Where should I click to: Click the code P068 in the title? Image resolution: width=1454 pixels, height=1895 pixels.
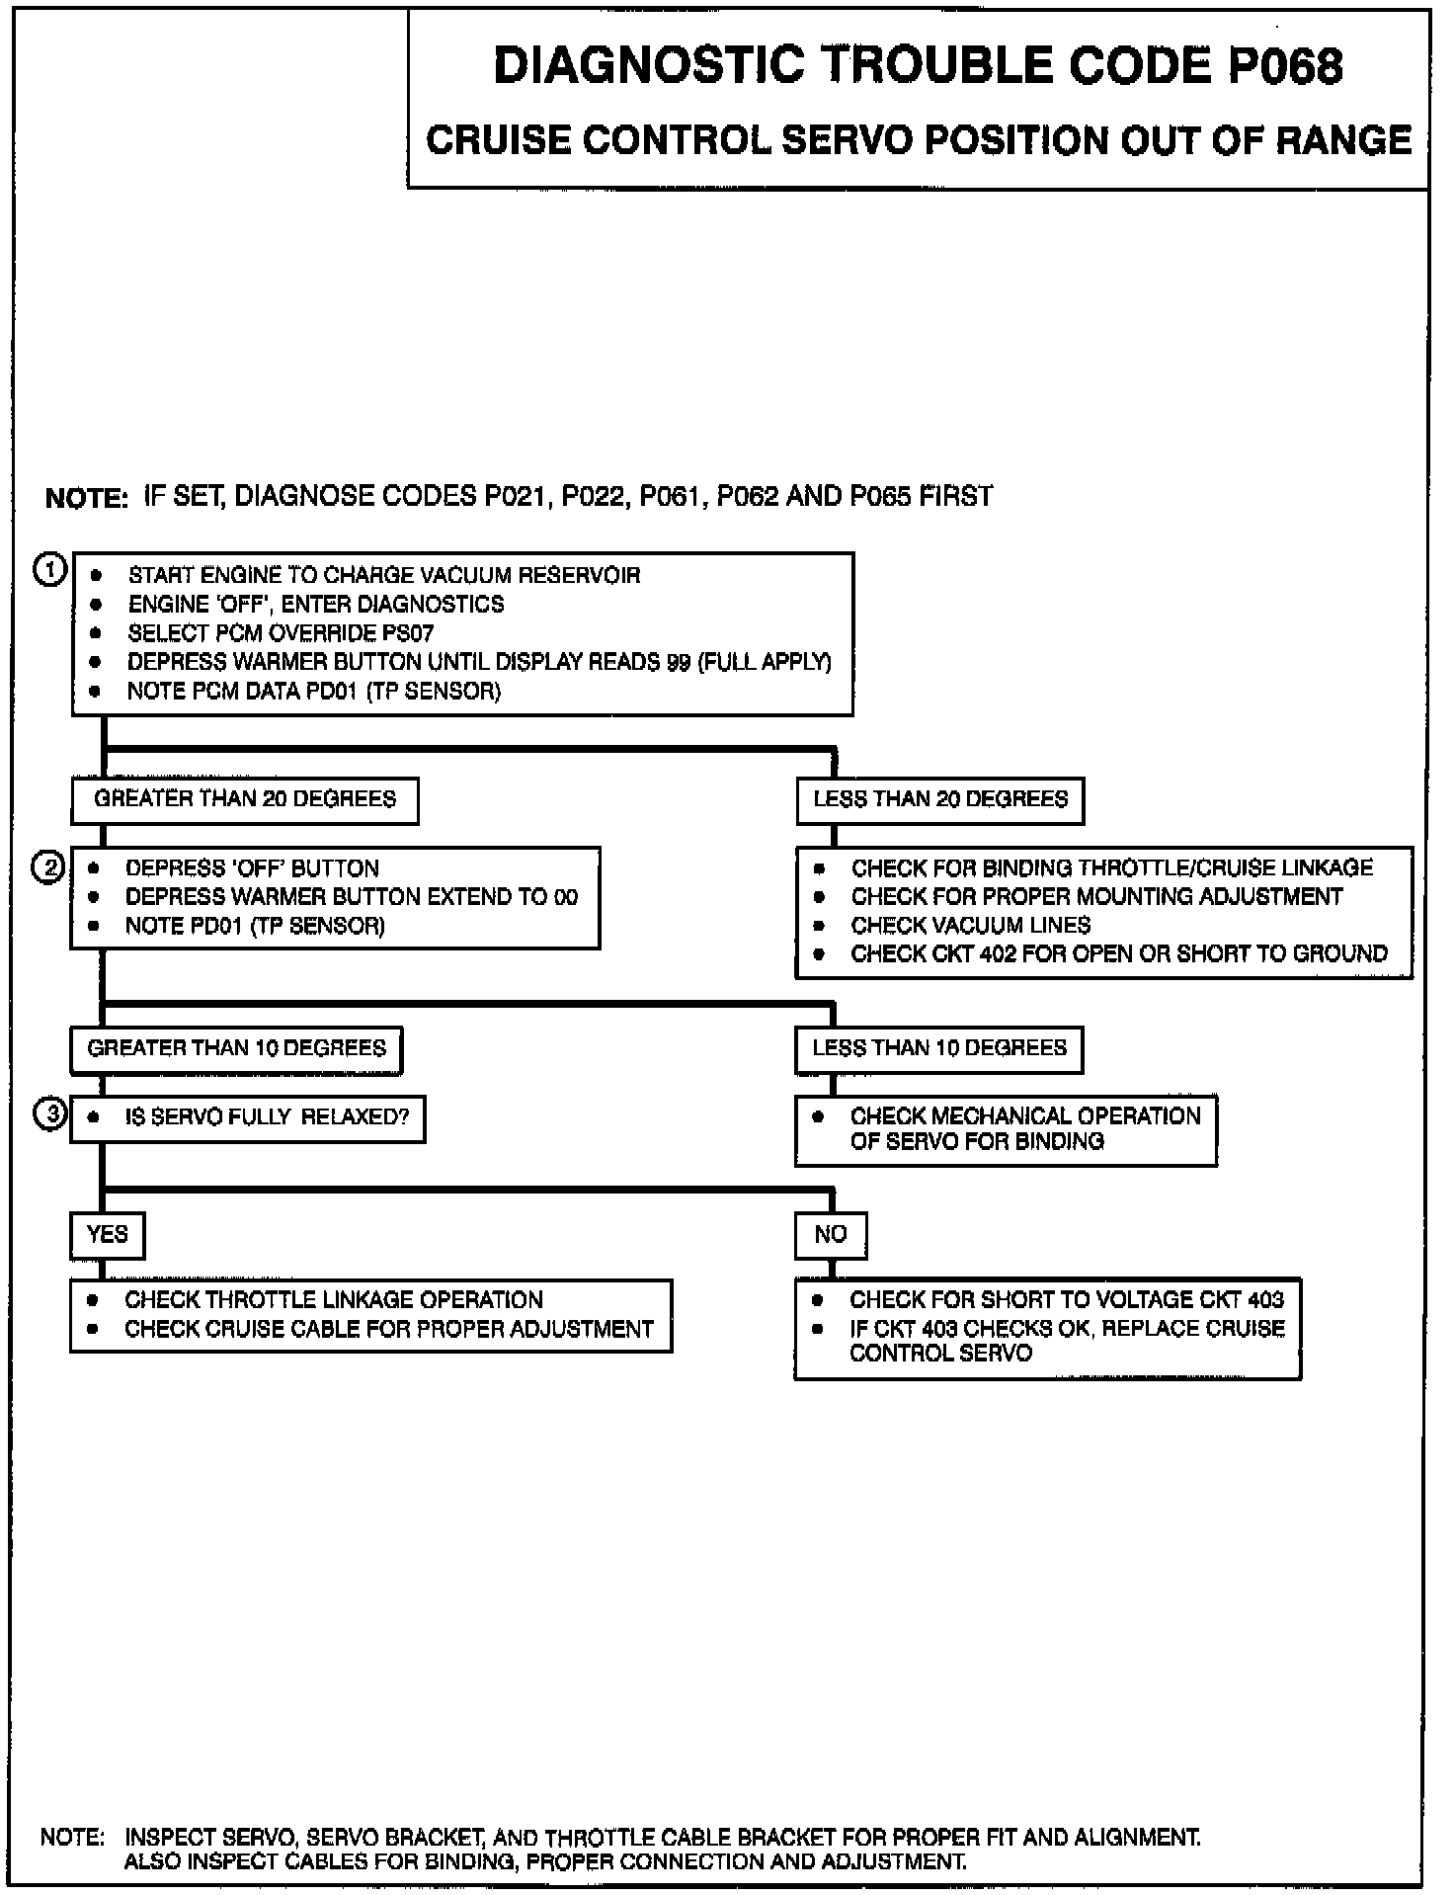point(1285,67)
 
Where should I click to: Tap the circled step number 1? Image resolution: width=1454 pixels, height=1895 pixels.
point(50,571)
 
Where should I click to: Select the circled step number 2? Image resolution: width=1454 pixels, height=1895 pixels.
point(49,867)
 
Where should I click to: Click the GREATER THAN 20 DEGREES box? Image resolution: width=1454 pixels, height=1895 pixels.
point(245,799)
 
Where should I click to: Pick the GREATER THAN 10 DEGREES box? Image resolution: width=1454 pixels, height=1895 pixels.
point(236,1048)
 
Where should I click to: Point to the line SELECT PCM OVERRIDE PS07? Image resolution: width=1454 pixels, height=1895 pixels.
point(281,633)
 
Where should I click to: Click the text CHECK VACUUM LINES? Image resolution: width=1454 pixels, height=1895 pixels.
point(970,926)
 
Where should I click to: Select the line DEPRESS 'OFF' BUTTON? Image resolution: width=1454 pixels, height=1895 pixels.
point(252,868)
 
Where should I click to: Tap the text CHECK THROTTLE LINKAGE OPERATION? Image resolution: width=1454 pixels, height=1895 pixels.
point(333,1300)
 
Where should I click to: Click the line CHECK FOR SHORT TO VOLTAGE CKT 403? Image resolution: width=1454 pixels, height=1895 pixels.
point(1066,1300)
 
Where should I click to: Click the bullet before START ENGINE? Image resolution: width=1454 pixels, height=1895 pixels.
point(96,576)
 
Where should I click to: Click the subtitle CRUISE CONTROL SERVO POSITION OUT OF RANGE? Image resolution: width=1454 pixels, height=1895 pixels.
point(918,140)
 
